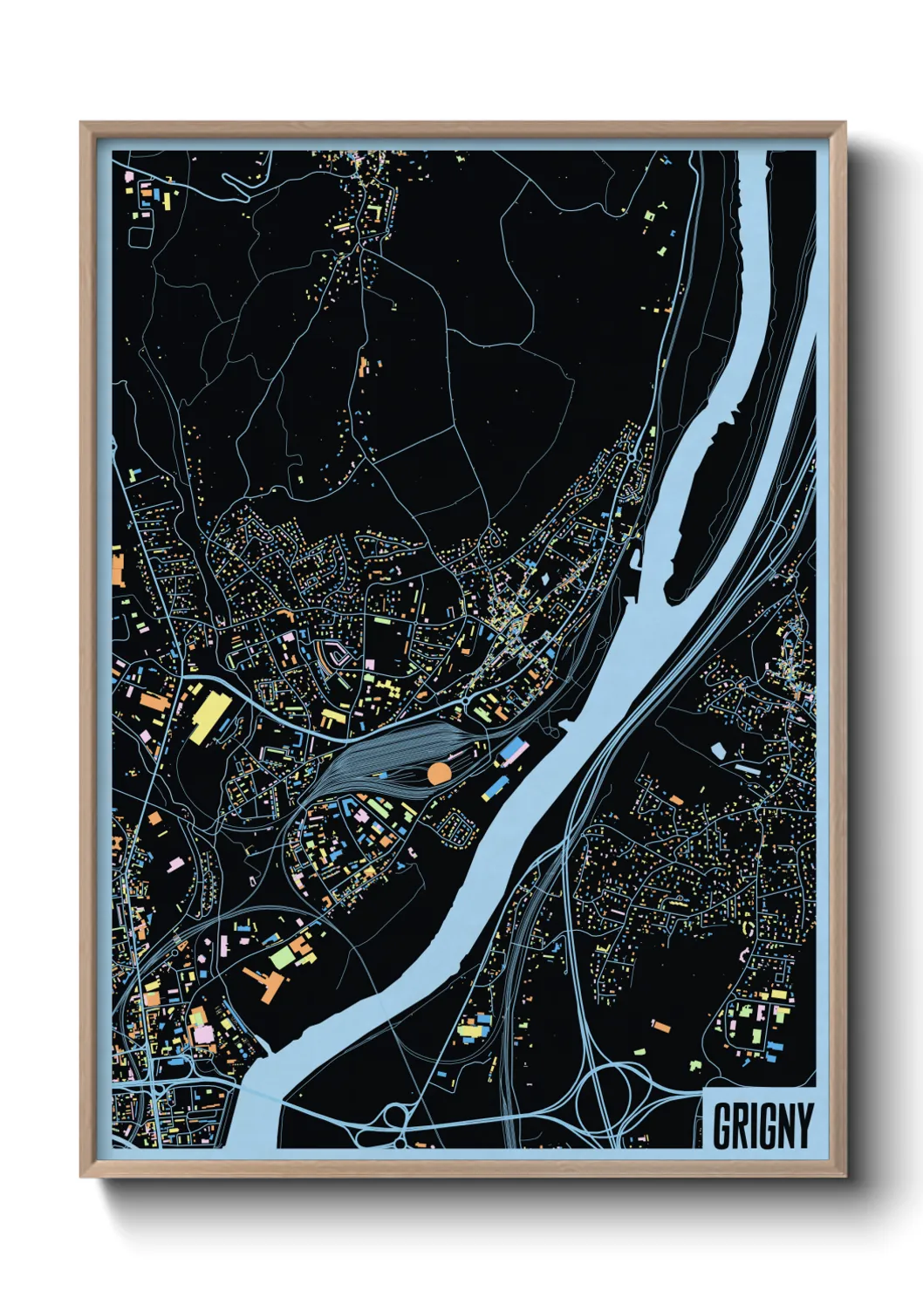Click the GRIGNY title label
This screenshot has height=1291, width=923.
pyautogui.click(x=762, y=1124)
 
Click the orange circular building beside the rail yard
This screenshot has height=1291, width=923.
pyautogui.click(x=439, y=773)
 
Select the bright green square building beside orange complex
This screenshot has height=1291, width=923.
pyautogui.click(x=282, y=957)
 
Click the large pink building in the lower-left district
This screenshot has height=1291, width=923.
pyautogui.click(x=203, y=1034)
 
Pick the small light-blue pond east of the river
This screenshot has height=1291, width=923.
pyautogui.click(x=719, y=749)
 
